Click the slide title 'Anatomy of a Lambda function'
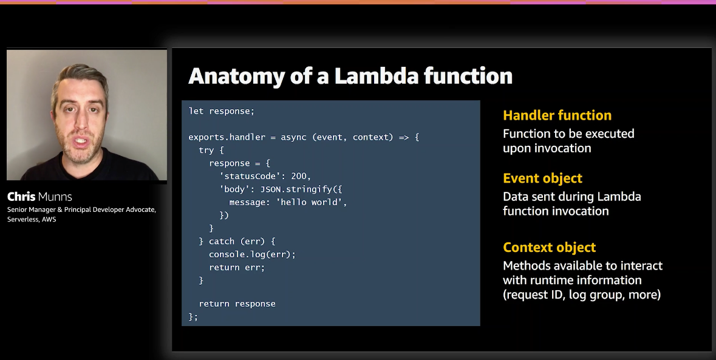click(x=350, y=76)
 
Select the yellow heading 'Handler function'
click(x=557, y=115)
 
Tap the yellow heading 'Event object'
click(x=542, y=178)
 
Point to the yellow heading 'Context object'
click(x=549, y=248)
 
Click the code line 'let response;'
click(x=222, y=111)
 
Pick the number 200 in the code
click(x=299, y=176)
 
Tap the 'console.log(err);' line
click(x=252, y=254)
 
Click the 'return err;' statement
click(x=237, y=267)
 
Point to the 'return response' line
click(x=237, y=304)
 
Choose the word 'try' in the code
click(x=206, y=150)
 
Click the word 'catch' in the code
click(x=222, y=242)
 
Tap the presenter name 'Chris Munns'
click(x=39, y=197)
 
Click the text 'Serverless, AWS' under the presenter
click(x=32, y=219)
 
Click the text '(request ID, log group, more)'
click(x=581, y=295)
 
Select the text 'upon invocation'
click(x=547, y=148)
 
